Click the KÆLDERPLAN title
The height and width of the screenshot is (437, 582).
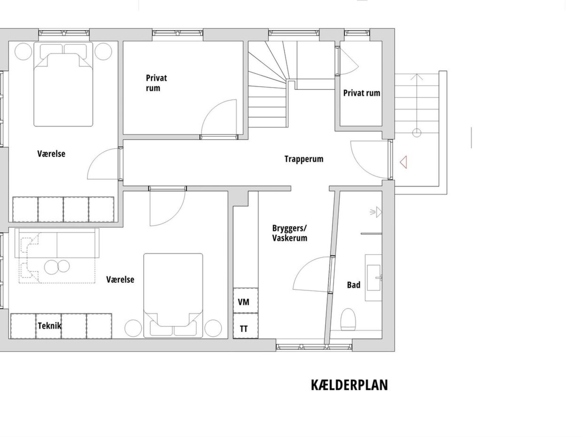pos(350,385)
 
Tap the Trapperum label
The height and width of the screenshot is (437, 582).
pos(304,159)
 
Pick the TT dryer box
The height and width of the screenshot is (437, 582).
pos(246,326)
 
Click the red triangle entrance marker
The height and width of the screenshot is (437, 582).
pos(403,162)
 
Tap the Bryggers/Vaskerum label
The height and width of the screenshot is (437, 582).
pos(289,233)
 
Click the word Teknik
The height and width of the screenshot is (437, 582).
pos(49,326)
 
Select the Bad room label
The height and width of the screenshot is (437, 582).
pos(353,285)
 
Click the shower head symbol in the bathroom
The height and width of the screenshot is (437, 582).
pos(376,212)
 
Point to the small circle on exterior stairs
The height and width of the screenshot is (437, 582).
pos(417,133)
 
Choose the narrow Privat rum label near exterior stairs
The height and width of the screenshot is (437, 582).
pos(362,93)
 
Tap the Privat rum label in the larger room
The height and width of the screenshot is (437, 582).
pos(156,83)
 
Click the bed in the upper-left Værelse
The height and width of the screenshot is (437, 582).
pos(63,84)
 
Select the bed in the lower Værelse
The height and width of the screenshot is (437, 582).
pos(173,295)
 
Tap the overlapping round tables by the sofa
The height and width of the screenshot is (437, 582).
pos(57,266)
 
